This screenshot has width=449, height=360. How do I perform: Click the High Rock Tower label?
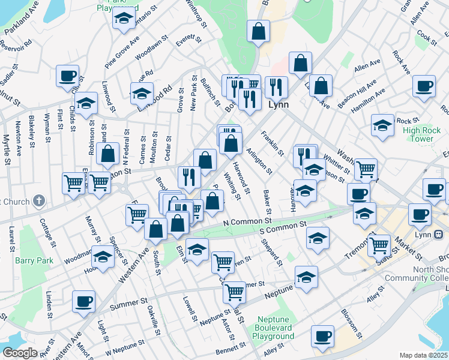[418, 134]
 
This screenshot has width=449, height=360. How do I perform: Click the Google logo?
[20, 352]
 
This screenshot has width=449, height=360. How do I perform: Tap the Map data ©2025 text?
[424, 355]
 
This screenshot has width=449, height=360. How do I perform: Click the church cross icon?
[38, 200]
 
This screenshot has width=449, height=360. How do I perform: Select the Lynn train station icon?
[438, 234]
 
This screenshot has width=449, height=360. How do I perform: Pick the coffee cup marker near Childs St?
[67, 76]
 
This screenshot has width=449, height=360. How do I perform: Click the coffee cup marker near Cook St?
[424, 86]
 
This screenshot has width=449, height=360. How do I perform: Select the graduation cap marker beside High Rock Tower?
[382, 125]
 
